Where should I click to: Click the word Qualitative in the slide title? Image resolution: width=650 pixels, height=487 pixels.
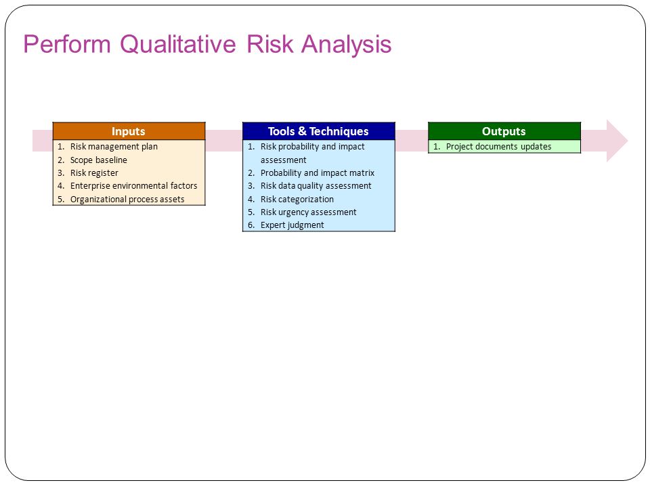coord(178,44)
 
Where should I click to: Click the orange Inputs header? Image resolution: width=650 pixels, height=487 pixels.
coord(129,131)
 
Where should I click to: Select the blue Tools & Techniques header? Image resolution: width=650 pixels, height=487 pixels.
coord(318,131)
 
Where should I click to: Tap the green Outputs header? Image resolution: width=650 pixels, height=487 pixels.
coord(504,131)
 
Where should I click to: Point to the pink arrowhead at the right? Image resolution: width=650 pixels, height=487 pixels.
coord(617,141)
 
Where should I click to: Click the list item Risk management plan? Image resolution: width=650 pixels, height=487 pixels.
coord(114,147)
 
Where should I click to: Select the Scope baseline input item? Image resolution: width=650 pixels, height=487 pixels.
coord(99,160)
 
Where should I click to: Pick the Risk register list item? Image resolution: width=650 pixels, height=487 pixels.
coord(94,172)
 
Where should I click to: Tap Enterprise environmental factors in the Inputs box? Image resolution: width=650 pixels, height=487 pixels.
coord(133,185)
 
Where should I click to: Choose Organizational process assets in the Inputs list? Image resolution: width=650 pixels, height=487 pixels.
coord(127,199)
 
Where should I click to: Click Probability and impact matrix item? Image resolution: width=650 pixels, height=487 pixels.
coord(317,172)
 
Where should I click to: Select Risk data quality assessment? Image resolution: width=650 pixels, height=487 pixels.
coord(316,185)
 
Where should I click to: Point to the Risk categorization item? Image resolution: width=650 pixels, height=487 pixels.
coord(297,199)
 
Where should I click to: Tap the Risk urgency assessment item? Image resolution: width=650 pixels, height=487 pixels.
coord(309,212)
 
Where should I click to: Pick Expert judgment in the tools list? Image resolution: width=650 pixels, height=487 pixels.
coord(292,225)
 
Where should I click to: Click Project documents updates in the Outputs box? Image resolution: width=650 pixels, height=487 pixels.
coord(499,147)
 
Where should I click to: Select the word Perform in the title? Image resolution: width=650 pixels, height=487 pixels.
coord(67,44)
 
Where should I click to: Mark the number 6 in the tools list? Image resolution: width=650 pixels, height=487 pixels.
coord(251,225)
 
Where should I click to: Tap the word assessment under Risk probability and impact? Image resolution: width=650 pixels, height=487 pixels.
coord(283,160)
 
